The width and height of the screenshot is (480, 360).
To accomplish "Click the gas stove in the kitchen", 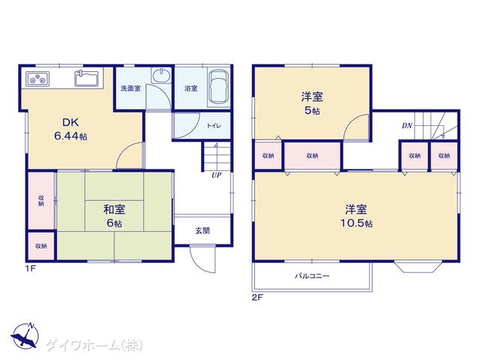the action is [x=37, y=79].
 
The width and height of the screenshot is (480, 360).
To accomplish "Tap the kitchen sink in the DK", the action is [x=87, y=78].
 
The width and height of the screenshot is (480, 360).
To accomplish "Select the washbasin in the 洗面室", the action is [x=162, y=75].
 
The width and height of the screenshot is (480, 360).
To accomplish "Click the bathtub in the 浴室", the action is [x=218, y=87].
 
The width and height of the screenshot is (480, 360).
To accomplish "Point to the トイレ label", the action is [x=214, y=125].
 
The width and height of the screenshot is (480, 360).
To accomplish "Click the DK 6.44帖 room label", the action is [x=70, y=129].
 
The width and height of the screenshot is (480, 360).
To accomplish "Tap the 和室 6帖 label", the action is [x=114, y=216].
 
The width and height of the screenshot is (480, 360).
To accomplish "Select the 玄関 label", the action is [x=202, y=230].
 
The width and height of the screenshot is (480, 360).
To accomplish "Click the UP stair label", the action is [x=217, y=175].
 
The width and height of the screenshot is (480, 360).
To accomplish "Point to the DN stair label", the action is [x=407, y=125].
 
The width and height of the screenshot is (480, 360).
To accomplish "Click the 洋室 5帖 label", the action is [x=312, y=103].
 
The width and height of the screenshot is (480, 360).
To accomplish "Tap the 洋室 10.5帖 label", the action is [x=356, y=216].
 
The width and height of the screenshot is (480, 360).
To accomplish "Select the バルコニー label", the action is [x=312, y=276].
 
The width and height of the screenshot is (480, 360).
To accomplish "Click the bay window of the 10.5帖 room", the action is [x=418, y=266].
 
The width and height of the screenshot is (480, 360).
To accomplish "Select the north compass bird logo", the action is [x=25, y=336].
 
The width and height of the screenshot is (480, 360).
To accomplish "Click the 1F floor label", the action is [x=31, y=268].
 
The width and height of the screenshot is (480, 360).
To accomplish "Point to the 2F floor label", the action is [x=257, y=297].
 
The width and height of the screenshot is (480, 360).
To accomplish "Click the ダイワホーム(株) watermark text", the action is [x=94, y=345].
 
